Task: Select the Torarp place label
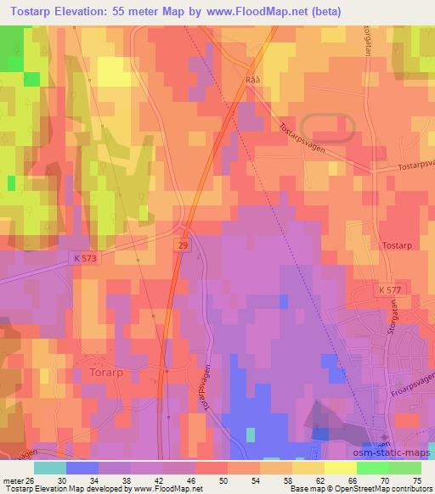click(106, 372)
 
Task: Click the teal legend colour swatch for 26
click(50, 468)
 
